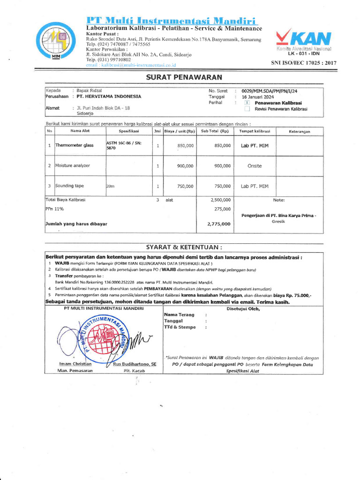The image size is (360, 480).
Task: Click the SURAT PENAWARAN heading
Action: (x=183, y=77)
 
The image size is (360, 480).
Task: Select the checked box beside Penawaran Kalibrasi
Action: (x=247, y=103)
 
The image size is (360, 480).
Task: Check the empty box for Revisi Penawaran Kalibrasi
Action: (x=247, y=109)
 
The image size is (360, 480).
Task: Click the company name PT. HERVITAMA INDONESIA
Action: (x=109, y=97)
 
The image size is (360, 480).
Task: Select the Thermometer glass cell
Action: (x=75, y=146)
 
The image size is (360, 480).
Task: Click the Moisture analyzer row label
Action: (x=73, y=166)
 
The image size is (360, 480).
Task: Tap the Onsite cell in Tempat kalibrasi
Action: (x=255, y=166)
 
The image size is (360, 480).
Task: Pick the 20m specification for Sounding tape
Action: (x=111, y=186)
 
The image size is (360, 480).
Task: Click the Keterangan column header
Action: (x=300, y=131)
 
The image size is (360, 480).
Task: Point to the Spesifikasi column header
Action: (x=127, y=131)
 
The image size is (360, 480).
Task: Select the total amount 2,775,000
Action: (x=219, y=224)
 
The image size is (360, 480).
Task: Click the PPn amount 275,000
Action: (x=222, y=209)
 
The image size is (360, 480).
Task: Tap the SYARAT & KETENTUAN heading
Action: (x=184, y=247)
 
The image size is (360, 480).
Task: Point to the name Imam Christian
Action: (x=75, y=364)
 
